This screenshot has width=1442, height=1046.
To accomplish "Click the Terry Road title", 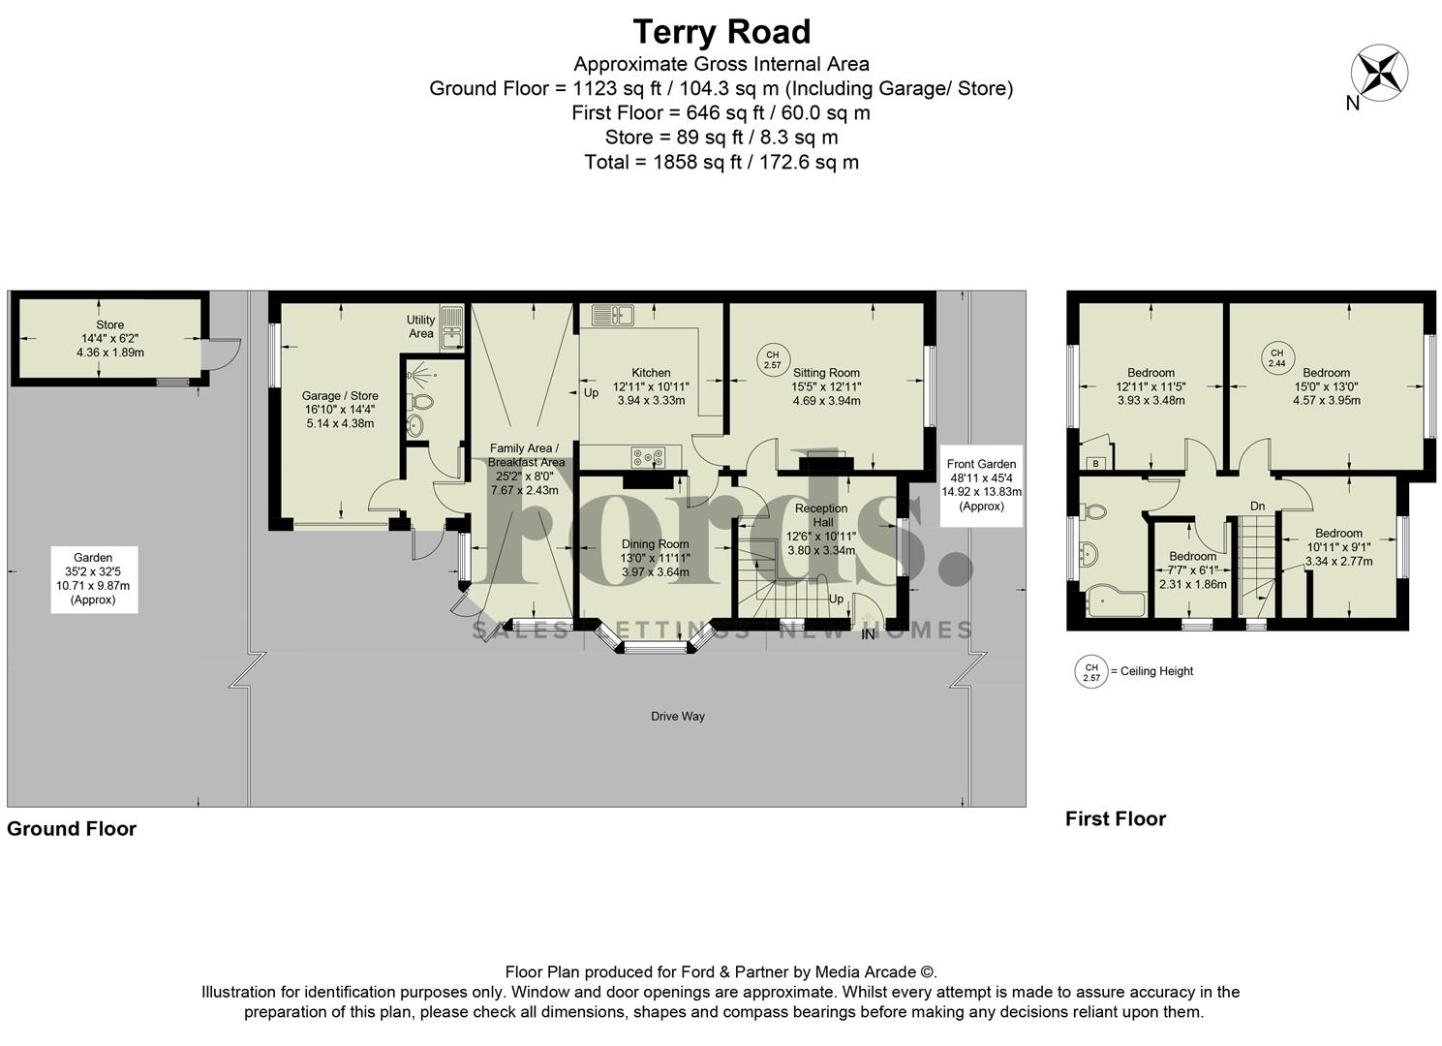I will point(721,32).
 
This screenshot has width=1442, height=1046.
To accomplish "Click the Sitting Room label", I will point(826,373).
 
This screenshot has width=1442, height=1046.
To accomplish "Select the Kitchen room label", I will point(651,373).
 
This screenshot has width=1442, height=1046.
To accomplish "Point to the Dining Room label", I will point(655,544).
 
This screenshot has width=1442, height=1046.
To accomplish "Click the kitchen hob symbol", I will point(649,456).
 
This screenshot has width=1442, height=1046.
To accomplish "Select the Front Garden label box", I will point(981,485).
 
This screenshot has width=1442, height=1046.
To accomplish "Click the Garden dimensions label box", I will point(94,578).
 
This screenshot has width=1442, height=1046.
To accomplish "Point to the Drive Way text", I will point(678,717).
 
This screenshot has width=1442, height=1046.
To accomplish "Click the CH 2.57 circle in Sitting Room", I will point(772,359).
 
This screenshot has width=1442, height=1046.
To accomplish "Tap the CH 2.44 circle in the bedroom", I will point(1276,358).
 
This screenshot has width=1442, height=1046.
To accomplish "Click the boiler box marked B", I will point(1095,463).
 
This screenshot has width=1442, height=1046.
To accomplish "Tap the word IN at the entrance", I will point(869,634).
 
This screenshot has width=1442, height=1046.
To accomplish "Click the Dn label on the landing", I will point(1257,507).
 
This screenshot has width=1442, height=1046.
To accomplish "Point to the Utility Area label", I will point(420,326).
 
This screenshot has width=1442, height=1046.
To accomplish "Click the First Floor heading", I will point(1116,819).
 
